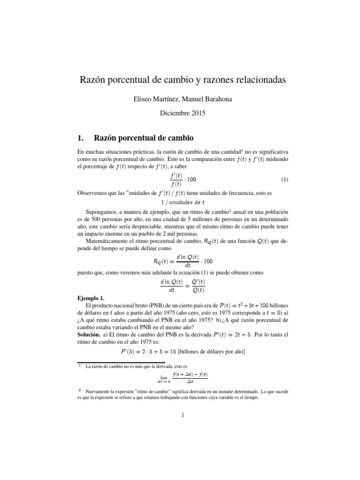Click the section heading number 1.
[80, 138]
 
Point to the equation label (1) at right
[285, 180]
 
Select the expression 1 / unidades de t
[181, 202]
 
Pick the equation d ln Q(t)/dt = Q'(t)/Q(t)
[181, 285]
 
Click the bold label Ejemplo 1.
[92, 298]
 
